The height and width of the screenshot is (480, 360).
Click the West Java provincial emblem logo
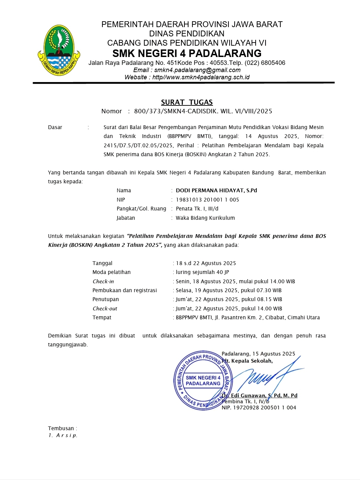tap(59, 50)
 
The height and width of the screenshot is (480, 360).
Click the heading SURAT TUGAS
tap(187, 102)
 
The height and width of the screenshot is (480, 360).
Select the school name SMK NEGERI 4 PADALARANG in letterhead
tap(187, 53)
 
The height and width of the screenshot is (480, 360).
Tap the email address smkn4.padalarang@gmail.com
tap(197, 70)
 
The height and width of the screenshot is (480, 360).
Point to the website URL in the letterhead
tap(201, 77)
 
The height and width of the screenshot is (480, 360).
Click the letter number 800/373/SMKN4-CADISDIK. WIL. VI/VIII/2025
tap(203, 111)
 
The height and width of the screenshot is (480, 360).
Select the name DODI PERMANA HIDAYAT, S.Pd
tap(216, 191)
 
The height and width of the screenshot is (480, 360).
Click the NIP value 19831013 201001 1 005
tap(207, 200)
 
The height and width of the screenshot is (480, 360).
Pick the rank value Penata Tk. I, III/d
tap(197, 209)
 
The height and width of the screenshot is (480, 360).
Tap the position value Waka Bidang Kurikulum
tap(205, 218)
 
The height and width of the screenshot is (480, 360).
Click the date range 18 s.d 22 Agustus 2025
tap(206, 263)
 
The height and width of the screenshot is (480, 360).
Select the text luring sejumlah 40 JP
tap(202, 272)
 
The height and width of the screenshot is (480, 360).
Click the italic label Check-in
tap(103, 282)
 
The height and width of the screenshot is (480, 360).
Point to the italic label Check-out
tap(105, 309)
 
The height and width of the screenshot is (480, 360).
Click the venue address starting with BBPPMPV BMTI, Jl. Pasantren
tap(248, 318)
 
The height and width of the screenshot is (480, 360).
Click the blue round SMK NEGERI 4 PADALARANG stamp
tap(203, 380)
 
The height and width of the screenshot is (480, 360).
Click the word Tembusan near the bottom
tap(61, 428)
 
